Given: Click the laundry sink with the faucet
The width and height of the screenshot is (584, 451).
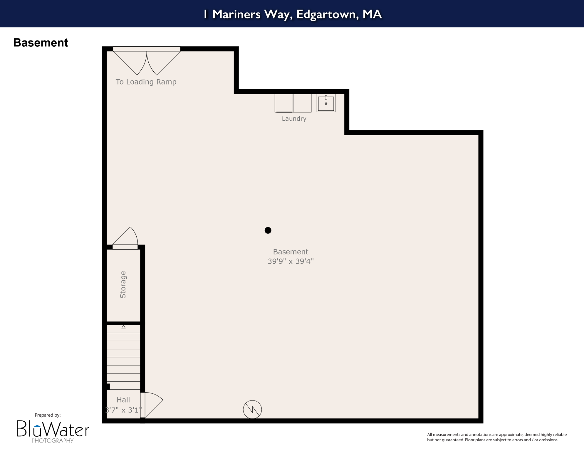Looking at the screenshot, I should pos(326,103).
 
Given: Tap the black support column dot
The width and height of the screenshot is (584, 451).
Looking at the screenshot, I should pos(268,230).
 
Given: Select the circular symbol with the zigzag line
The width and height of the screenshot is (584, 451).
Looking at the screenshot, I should pos(252,409).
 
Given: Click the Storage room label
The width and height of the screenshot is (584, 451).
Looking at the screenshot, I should pos(123,285).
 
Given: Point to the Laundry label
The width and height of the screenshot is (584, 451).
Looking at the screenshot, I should pos(294,119).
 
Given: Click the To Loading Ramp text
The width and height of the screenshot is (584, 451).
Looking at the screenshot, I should pos(146,82).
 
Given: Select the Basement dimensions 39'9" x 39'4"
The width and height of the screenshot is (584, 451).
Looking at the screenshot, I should pos(291,261).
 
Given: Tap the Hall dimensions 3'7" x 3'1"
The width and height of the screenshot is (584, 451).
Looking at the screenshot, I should pos(123,410).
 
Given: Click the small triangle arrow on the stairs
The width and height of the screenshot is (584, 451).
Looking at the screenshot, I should pos(123,327).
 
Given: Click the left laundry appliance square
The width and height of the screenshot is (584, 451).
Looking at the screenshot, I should pos(284,103).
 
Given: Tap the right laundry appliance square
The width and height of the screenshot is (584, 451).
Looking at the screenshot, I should pos(302,103).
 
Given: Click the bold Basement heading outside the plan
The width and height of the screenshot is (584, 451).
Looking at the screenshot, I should pos(41,43).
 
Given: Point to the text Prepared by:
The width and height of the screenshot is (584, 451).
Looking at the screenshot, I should pos(48,415).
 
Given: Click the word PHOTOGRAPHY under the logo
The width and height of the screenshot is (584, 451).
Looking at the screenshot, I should pos(53,440).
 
